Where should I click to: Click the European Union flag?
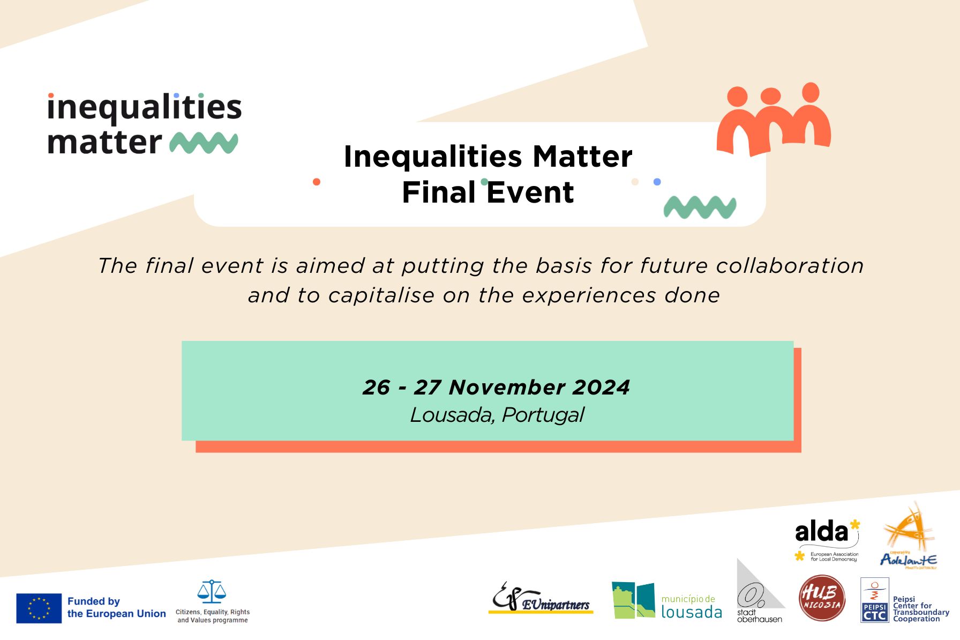pos(39,608)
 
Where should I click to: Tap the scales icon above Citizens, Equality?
pos(212,592)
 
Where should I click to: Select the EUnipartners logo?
pos(541,599)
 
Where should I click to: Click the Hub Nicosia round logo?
pos(822,598)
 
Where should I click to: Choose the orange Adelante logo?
pos(909,536)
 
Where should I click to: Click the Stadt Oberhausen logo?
pos(759,593)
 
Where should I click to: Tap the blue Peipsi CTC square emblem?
pos(874,600)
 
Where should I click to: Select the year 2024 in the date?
pos(601,388)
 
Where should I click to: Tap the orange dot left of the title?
pos(317,182)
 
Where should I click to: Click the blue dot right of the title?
pos(657,182)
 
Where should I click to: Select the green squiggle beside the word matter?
pos(204,142)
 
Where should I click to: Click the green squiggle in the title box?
pos(700,207)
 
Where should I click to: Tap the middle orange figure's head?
pos(770,96)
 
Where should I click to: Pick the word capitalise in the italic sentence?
pos(381,295)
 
